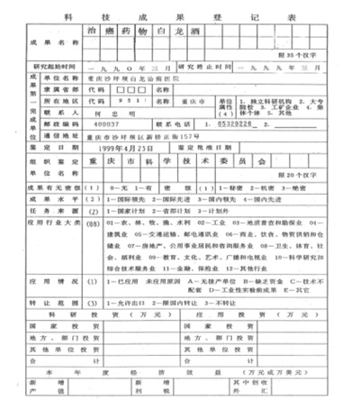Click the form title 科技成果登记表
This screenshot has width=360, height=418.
[x=180, y=15]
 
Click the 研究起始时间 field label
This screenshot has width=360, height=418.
[x=56, y=67]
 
